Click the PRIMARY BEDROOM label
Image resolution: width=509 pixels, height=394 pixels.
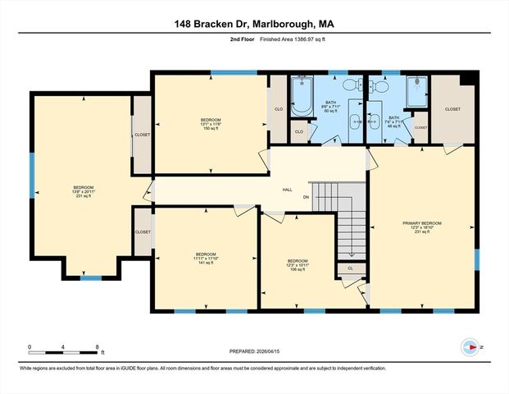pyautogui.click(x=422, y=223)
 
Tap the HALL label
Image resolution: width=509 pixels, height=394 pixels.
pyautogui.click(x=287, y=190)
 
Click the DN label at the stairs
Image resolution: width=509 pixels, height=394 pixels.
pyautogui.click(x=307, y=197)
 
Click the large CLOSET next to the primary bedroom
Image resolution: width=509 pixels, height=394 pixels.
pyautogui.click(x=452, y=109)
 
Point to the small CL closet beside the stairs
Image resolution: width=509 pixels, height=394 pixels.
pyautogui.click(x=350, y=268)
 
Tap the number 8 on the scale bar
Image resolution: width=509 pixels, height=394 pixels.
pyautogui.click(x=98, y=347)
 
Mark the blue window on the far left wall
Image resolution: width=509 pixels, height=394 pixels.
pyautogui.click(x=32, y=174)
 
